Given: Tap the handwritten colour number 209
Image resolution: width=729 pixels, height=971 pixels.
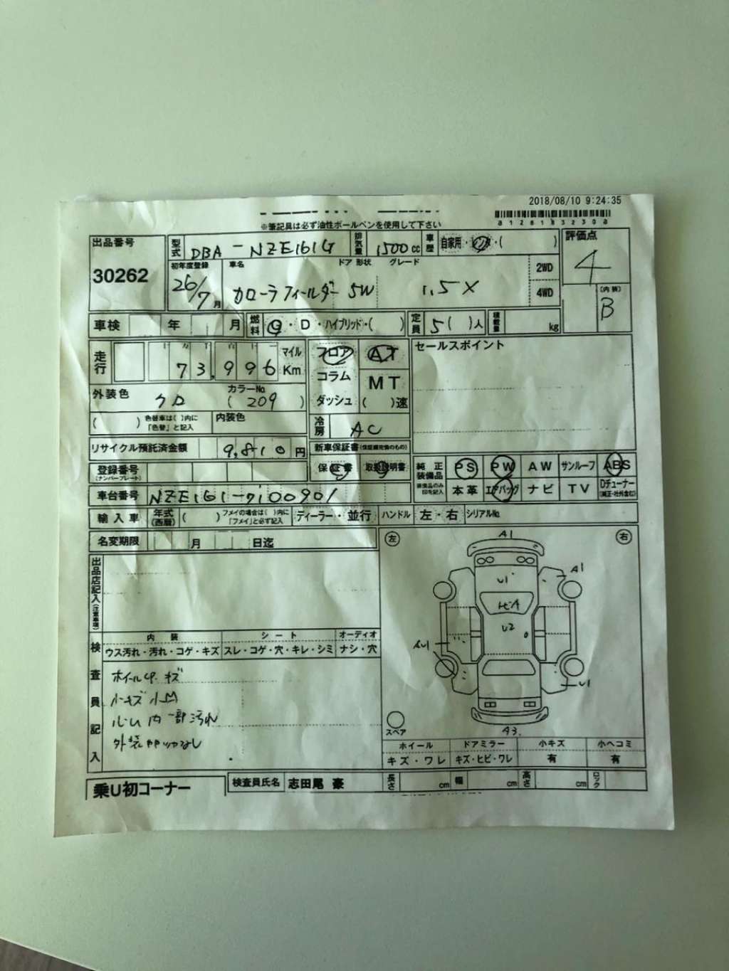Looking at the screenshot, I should click(262, 402).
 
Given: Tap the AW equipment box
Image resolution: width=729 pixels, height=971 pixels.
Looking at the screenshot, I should click(540, 467).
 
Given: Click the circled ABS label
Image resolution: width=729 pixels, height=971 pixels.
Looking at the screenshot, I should click(615, 466).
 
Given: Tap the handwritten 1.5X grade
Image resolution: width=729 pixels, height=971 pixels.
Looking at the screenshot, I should click(460, 288).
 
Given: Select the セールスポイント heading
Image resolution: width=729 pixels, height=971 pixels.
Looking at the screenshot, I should click(459, 345).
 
